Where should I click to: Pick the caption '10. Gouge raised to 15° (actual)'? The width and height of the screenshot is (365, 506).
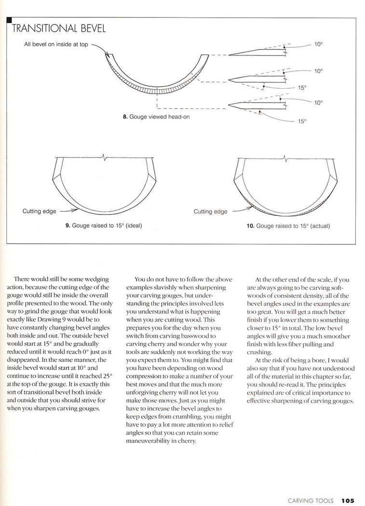[x=288, y=225]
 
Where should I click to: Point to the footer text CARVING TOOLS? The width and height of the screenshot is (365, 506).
[x=311, y=500]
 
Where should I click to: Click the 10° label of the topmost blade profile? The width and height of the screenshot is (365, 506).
[x=319, y=43]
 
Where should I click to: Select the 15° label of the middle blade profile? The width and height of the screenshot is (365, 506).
[x=302, y=88]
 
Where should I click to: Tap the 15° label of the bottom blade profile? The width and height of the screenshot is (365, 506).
[x=302, y=121]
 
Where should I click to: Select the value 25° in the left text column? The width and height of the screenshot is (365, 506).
[x=104, y=374]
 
